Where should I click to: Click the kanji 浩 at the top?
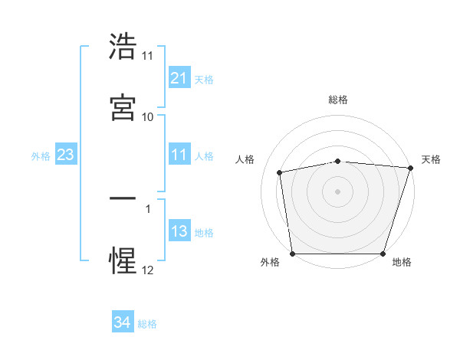point(123,47)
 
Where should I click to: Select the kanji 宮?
point(123,107)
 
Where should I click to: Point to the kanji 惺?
point(123,260)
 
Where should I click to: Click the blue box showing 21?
point(179,78)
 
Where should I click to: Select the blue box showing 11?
point(179,155)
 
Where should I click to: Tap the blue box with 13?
point(179,231)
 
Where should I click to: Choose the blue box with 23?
point(66,155)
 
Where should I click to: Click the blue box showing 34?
point(123,323)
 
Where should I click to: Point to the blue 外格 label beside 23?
point(41,155)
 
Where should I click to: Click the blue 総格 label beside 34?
point(147,324)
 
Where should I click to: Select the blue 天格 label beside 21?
point(204,79)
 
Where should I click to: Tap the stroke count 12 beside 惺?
point(148,270)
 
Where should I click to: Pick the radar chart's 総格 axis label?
point(338,100)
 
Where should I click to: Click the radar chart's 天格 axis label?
point(431,159)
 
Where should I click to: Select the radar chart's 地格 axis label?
point(402,262)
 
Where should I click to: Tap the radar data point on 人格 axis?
point(281,172)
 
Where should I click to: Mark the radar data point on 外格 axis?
point(292,254)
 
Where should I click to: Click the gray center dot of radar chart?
point(338,191)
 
